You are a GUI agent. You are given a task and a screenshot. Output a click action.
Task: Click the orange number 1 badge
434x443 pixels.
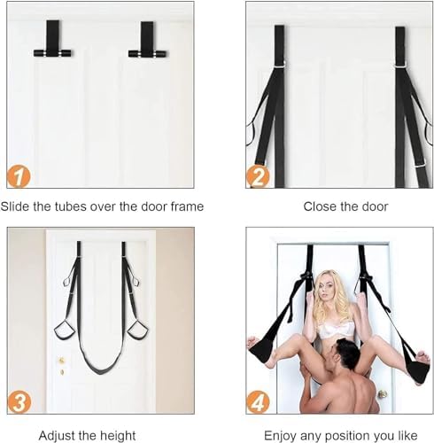coord(19,176)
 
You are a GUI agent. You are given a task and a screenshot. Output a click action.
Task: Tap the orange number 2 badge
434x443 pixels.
coord(258,176)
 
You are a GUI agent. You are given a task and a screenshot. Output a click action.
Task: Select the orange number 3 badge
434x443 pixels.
coord(19,402)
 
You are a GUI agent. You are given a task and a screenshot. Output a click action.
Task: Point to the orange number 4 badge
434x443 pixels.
coord(258,402)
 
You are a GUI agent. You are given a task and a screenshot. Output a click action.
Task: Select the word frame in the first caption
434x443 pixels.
coord(187,206)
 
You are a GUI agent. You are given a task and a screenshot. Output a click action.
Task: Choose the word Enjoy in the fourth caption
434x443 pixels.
coord(280,436)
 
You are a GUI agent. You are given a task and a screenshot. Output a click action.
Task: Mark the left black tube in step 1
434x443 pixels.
coord(52,54)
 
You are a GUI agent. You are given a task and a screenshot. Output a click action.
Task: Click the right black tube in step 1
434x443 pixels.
coord(147,54)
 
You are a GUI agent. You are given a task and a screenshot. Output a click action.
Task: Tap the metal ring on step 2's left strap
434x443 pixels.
coord(281,64)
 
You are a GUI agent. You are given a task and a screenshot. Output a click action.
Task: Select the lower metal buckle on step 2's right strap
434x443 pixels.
coord(419,164)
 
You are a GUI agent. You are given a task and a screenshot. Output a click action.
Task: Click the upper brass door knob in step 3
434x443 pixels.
coord(62,361)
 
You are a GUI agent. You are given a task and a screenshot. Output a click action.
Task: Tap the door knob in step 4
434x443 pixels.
coord(383,393)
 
